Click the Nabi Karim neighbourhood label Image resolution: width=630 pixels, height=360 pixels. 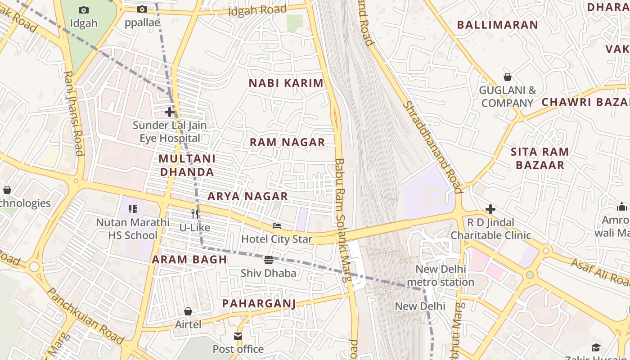click(x=286, y=83)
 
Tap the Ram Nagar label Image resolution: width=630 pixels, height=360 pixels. click(x=287, y=143)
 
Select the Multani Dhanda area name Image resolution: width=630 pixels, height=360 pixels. click(x=187, y=165)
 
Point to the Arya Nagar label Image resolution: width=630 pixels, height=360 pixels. click(x=247, y=196)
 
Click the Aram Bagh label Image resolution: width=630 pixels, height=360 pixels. click(x=189, y=260)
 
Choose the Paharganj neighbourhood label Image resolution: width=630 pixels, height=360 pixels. click(x=259, y=304)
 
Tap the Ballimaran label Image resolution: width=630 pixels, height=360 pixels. click(x=497, y=25)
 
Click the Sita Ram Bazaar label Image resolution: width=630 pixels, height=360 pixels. click(x=540, y=158)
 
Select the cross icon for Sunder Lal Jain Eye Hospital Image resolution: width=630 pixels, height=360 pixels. click(x=170, y=112)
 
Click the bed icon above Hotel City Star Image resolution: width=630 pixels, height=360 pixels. click(x=277, y=225)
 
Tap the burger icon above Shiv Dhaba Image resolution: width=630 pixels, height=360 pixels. click(x=269, y=260)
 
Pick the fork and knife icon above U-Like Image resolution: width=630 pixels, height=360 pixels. click(x=195, y=214)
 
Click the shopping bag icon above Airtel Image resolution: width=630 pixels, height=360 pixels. click(x=188, y=311)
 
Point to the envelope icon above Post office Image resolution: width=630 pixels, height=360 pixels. click(x=238, y=336)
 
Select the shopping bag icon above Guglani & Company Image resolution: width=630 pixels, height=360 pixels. click(x=508, y=77)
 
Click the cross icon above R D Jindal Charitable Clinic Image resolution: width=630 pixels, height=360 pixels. click(x=490, y=209)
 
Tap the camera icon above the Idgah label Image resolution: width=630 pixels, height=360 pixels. click(x=84, y=10)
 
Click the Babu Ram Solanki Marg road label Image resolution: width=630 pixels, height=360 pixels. click(x=342, y=220)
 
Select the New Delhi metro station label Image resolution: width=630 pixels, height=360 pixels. click(x=440, y=276)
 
